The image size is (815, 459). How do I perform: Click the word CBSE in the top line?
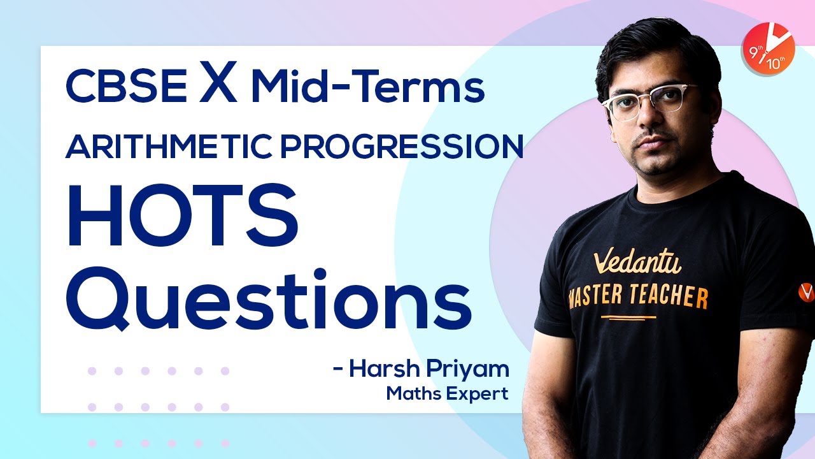tap(125, 88)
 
